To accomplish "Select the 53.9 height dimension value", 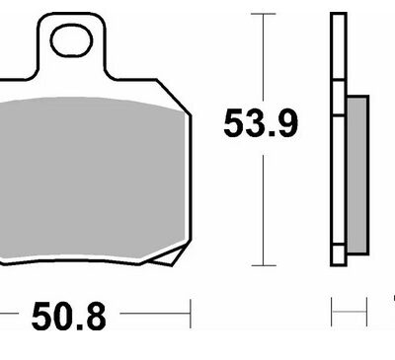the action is click(261, 123).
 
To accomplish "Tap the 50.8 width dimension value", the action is click(69, 317).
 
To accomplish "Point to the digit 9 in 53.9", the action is click(286, 123).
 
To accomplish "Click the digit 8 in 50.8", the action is click(95, 317).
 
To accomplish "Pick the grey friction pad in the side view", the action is click(357, 175).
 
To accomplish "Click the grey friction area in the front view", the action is click(92, 178).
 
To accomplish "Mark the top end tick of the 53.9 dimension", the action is click(263, 14).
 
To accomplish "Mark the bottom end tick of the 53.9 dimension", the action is click(263, 265).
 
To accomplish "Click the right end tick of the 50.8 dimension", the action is click(191, 314).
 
